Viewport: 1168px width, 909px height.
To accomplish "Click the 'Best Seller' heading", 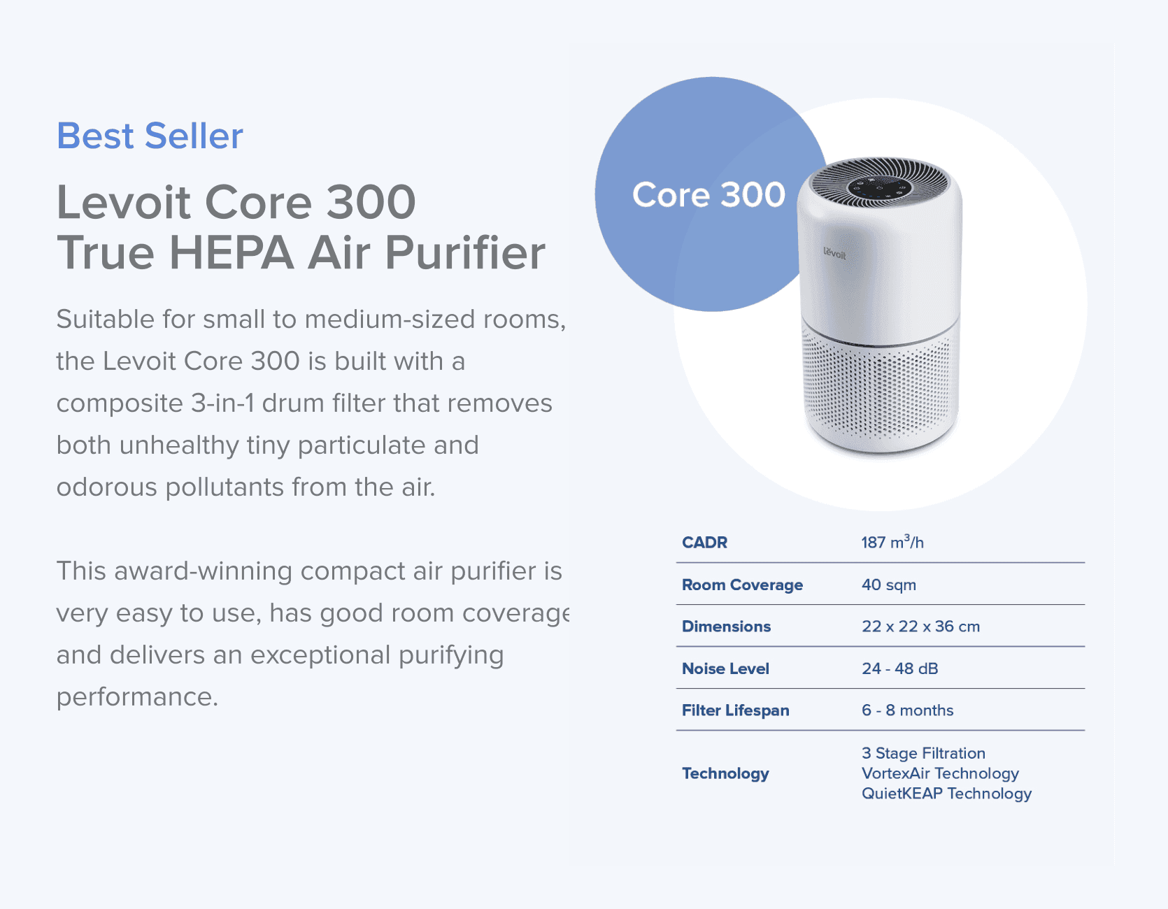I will point(150,136).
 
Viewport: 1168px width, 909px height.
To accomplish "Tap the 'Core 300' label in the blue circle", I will point(708,194).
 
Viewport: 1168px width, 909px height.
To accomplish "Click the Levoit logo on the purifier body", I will point(834,253).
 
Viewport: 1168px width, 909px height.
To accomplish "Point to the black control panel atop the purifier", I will point(879,187).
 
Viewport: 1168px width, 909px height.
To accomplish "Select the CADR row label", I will point(704,543).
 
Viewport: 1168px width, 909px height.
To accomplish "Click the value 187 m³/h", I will point(892,543).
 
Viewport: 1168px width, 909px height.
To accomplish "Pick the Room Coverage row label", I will point(742,585).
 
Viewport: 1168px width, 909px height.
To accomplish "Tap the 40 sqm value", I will point(888,585).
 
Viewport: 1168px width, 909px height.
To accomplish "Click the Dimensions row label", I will point(726,627).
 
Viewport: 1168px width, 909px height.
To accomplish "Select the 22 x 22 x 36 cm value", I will point(920,627).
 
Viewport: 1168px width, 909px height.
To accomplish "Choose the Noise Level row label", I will point(725,668).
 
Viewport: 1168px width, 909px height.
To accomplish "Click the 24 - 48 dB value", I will point(899,668).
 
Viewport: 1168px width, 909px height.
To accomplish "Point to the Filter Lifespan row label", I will point(735,710).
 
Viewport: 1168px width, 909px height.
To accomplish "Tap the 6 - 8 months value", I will point(907,710).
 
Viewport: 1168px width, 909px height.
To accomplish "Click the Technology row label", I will point(725,773).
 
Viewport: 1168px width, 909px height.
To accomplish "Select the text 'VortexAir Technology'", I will point(940,773).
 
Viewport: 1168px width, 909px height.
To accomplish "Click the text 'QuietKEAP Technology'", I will point(946,794).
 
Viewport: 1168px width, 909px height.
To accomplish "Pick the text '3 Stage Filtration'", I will point(923,753).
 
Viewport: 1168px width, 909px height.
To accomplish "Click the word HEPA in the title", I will point(232,252).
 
